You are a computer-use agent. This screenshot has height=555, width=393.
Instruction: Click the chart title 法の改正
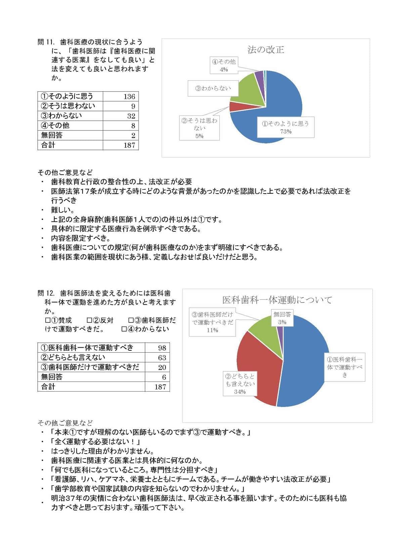pos(265,50)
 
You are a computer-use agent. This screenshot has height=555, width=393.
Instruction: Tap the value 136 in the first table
pos(129,97)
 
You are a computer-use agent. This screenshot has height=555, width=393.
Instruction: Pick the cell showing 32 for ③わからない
pos(131,116)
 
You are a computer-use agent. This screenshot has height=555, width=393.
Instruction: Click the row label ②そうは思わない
pos(68,106)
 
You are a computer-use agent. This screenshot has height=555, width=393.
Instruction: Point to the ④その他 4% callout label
pos(224,65)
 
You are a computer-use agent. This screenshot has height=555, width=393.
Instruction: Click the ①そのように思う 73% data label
pos(286,127)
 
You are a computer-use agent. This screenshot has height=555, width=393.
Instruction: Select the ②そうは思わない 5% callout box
pos(200,128)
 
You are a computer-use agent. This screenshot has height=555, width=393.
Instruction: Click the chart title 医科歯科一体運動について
pos(277,300)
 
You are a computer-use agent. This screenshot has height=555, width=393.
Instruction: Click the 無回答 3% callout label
pos(282,318)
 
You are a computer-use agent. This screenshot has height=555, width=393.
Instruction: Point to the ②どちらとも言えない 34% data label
pos(240,384)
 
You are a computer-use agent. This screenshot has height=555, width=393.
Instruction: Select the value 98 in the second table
pos(162,348)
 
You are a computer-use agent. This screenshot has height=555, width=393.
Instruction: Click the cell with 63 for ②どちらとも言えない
pos(162,358)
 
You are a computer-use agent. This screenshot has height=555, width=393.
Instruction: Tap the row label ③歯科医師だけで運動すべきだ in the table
pos(90,367)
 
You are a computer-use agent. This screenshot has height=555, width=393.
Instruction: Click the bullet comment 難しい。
pos(63,210)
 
